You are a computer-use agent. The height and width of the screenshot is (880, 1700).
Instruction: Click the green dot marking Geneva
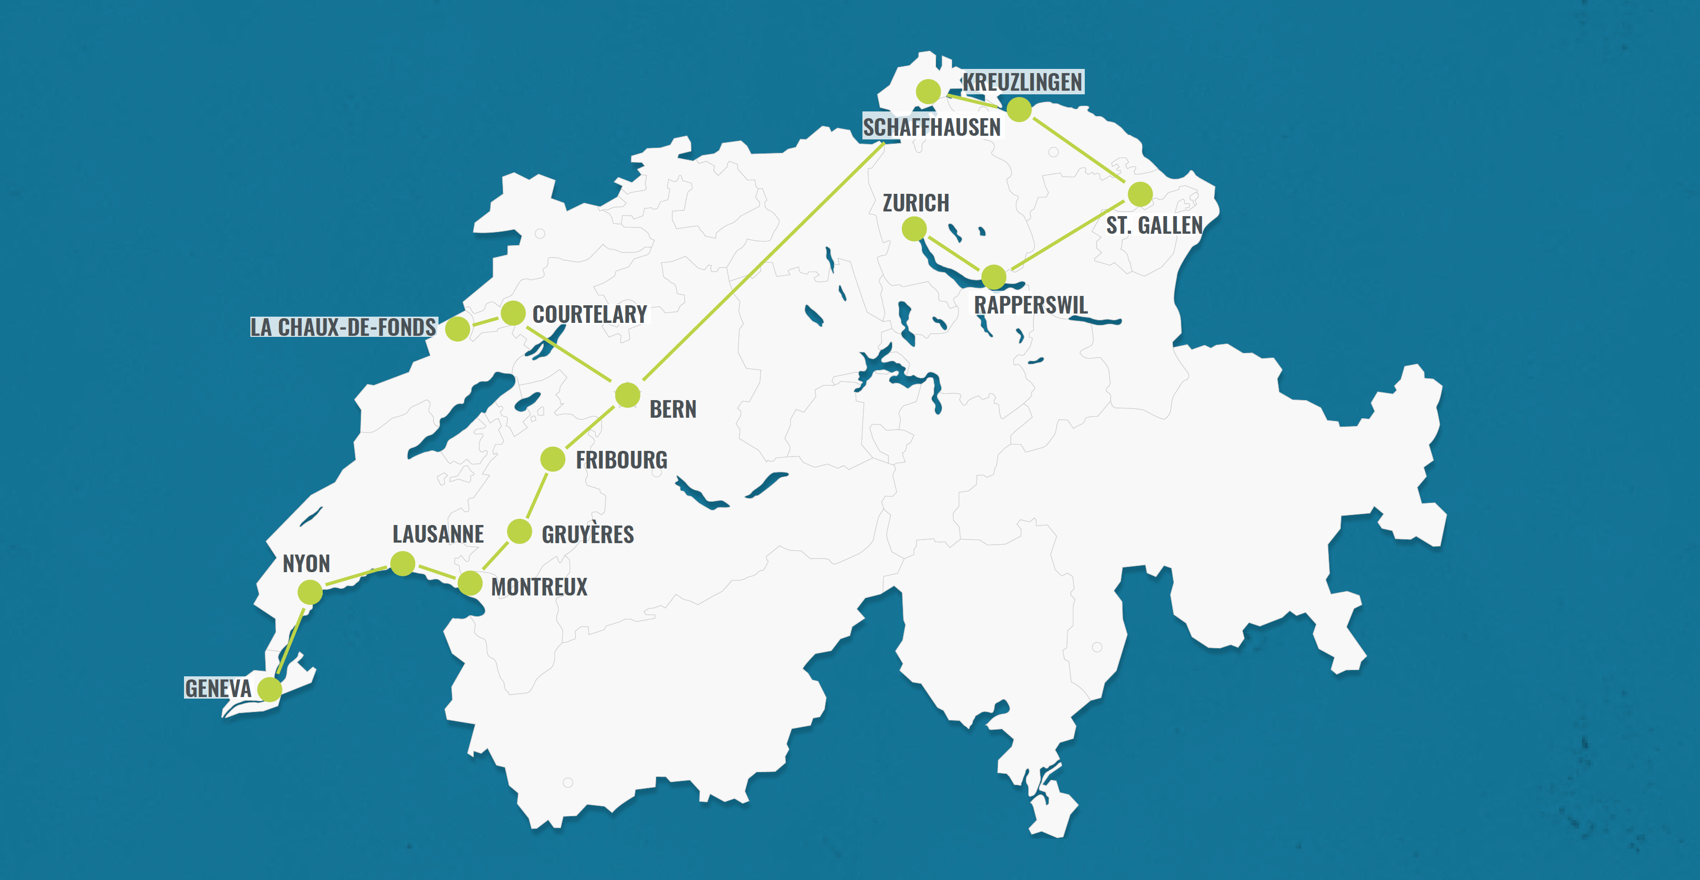point(270,689)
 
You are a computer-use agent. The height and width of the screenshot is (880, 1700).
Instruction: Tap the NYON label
point(306,564)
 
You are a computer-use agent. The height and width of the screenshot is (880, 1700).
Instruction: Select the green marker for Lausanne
point(403,563)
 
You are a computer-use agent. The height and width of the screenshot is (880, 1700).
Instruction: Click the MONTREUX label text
point(539,587)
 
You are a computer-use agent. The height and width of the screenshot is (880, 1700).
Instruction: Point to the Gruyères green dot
point(519,531)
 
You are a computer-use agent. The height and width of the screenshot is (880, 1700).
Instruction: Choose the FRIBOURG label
point(621,460)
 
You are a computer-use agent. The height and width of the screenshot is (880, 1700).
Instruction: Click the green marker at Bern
point(628,395)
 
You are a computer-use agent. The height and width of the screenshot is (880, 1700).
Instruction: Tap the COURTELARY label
point(589,315)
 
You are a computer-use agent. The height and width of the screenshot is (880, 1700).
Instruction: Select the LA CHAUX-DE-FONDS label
point(343,327)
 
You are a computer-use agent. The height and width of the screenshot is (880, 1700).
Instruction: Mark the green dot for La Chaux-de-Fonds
point(457,328)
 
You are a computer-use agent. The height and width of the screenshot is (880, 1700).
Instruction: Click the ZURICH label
point(916,203)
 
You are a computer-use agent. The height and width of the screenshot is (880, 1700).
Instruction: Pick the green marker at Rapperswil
point(994,277)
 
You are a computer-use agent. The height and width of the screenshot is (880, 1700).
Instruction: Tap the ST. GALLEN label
point(1154,225)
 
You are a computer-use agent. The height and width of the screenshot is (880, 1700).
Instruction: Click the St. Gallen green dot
point(1140,194)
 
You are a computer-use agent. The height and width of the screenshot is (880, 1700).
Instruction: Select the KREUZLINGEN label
point(1022,82)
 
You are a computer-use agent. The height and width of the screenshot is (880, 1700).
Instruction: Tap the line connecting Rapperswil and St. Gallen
point(1067,235)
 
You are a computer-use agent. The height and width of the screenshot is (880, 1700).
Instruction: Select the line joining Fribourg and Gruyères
point(536,495)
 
